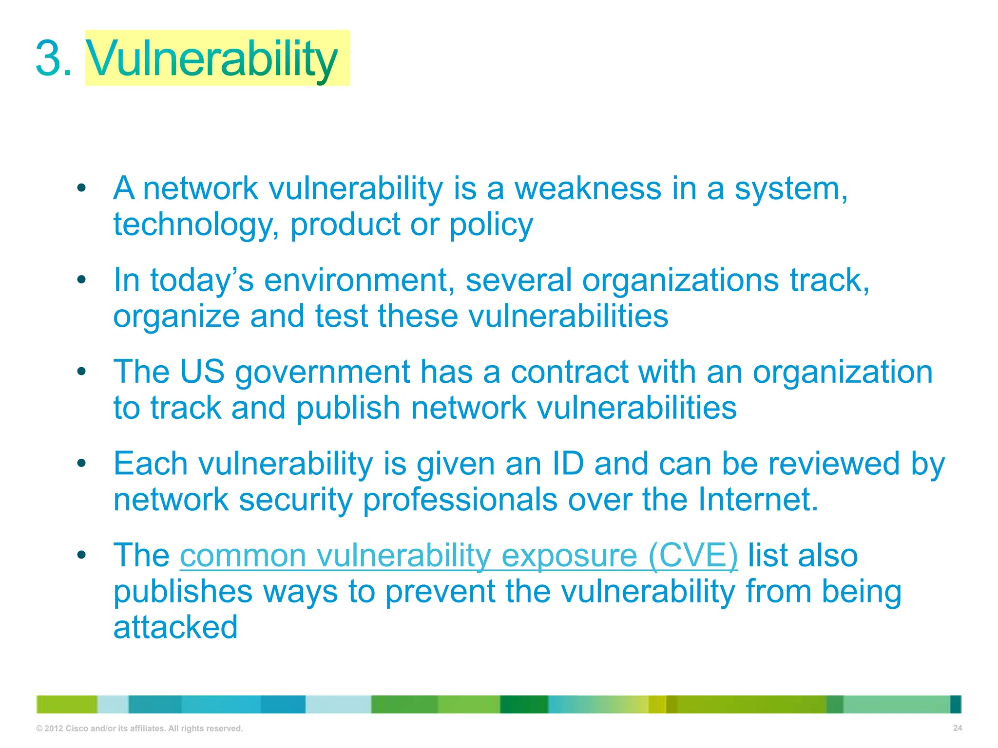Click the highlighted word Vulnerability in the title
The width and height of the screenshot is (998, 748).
pyautogui.click(x=212, y=59)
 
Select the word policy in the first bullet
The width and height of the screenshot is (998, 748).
pyautogui.click(x=491, y=225)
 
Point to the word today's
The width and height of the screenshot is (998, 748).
pyautogui.click(x=202, y=280)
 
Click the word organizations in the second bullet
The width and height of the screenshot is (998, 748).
pyautogui.click(x=680, y=280)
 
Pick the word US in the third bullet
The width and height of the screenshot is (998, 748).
pyautogui.click(x=202, y=372)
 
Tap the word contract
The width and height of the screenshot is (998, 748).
pyautogui.click(x=569, y=372)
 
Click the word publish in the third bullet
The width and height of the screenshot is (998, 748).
pyautogui.click(x=348, y=408)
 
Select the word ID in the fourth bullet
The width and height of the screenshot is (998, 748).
pyautogui.click(x=568, y=464)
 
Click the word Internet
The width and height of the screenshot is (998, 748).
pyautogui.click(x=758, y=500)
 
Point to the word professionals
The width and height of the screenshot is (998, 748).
pyautogui.click(x=460, y=501)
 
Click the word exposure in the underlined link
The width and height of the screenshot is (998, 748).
pyautogui.click(x=569, y=556)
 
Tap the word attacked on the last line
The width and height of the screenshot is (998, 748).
pyautogui.click(x=175, y=627)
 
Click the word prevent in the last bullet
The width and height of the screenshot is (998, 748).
pyautogui.click(x=440, y=592)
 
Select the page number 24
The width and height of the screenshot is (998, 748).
pyautogui.click(x=957, y=728)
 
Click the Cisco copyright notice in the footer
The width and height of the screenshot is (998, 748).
pyautogui.click(x=139, y=729)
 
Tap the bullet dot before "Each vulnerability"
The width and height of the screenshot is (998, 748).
pyautogui.click(x=81, y=463)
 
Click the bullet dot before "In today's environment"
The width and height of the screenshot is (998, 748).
pyautogui.click(x=81, y=280)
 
